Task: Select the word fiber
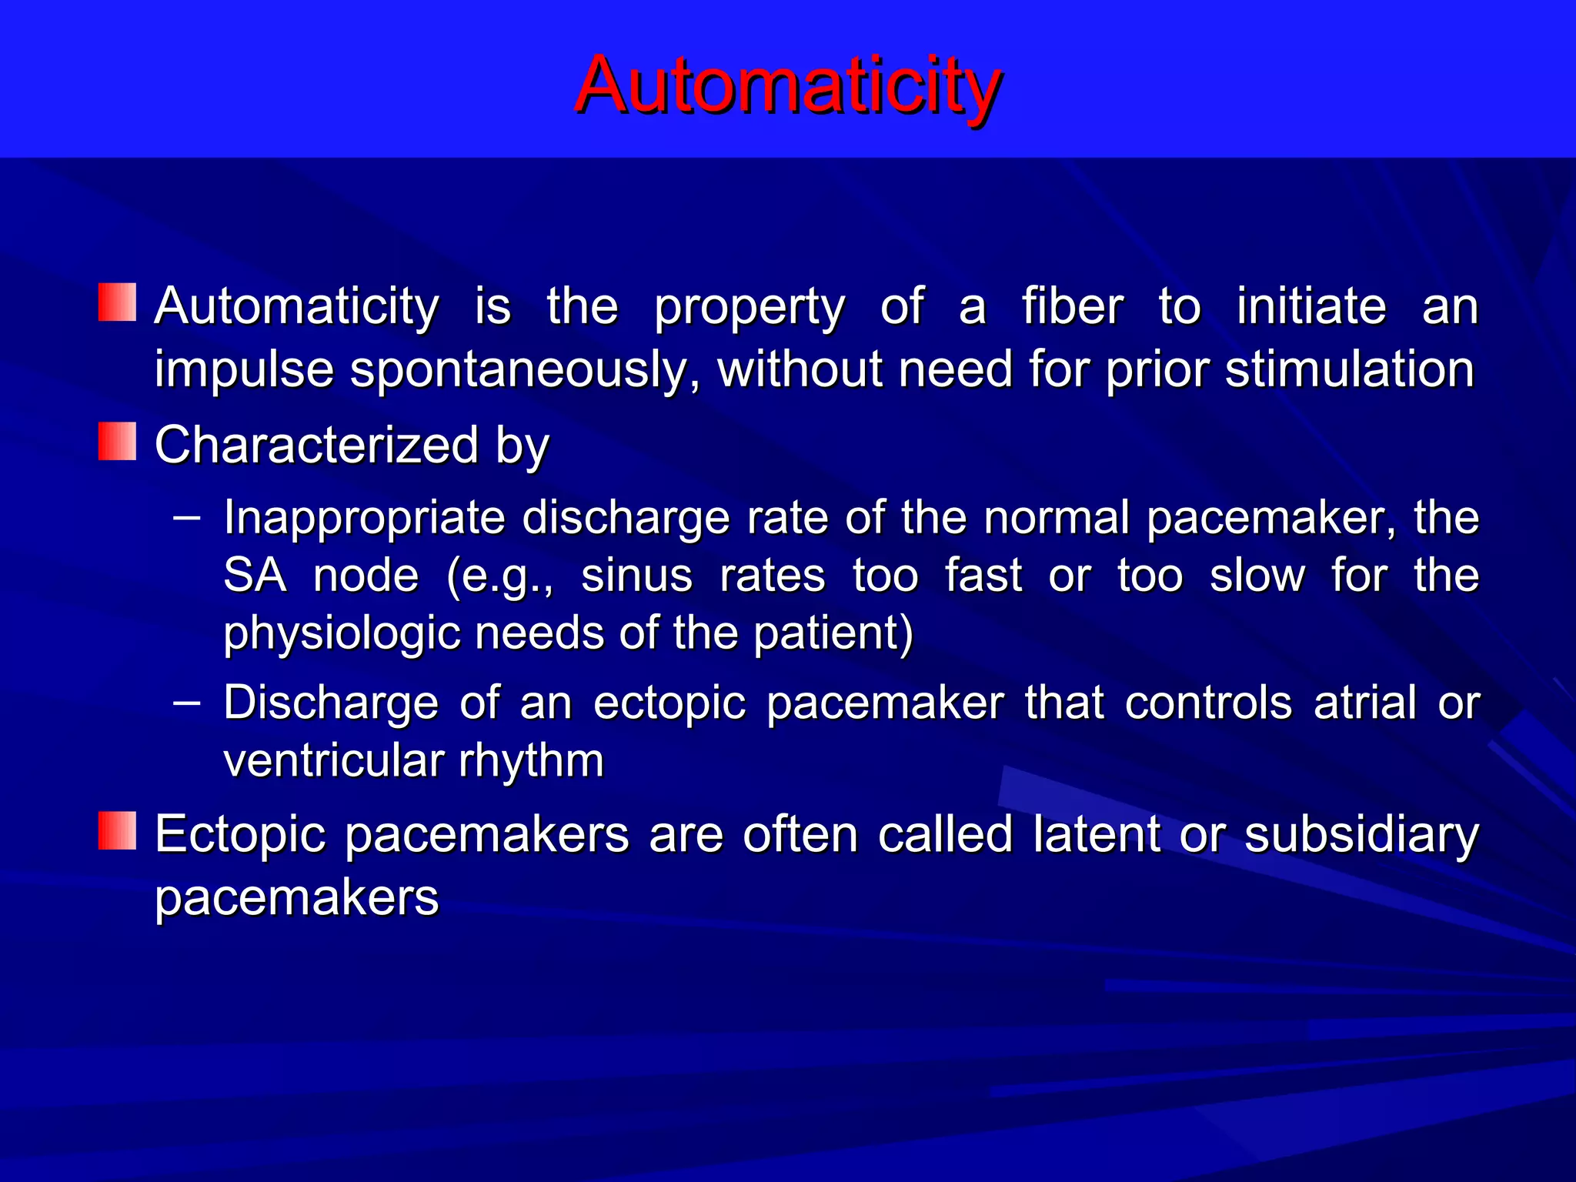point(1072,306)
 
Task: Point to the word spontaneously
point(524,370)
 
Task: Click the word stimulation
point(1349,369)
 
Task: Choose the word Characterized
point(316,445)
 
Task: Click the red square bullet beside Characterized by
point(117,442)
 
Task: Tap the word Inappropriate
point(363,518)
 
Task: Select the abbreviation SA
point(255,575)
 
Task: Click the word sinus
point(636,575)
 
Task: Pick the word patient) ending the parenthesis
point(833,634)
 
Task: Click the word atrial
point(1364,703)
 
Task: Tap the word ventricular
point(332,760)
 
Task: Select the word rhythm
point(531,762)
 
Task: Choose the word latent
point(1096,834)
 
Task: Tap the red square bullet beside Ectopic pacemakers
point(117,831)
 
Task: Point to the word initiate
point(1311,306)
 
